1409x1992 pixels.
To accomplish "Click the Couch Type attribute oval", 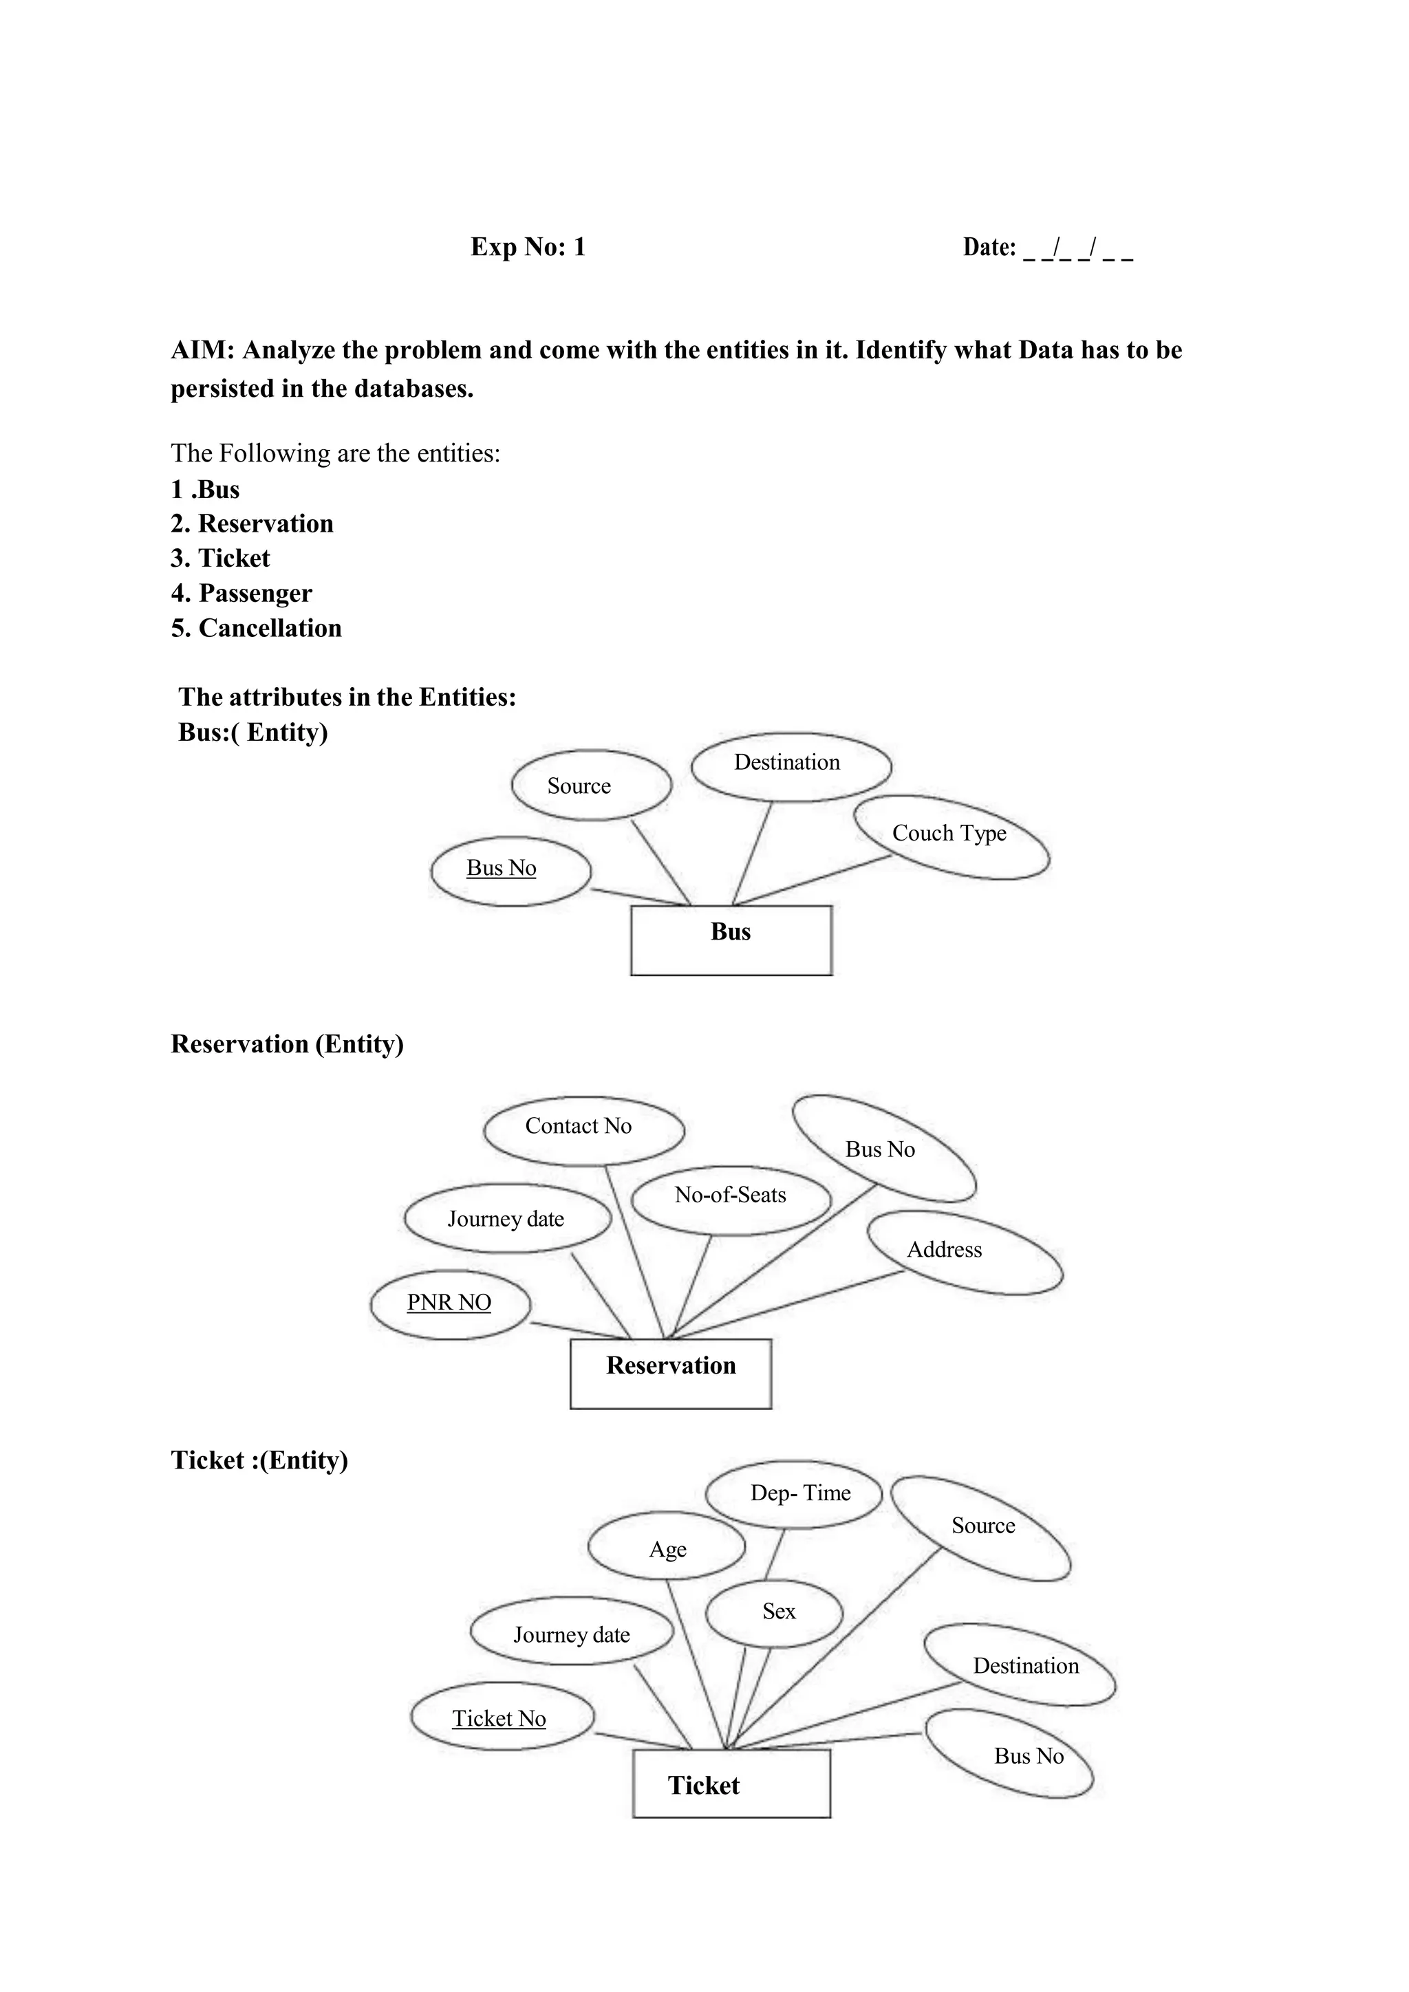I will click(x=951, y=836).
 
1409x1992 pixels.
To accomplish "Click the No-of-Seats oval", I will click(x=731, y=1198).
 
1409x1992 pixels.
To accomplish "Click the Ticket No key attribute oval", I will click(x=502, y=1719).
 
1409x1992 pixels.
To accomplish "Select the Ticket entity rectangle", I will click(x=731, y=1785).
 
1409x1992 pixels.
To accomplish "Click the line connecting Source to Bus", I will click(x=661, y=863).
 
